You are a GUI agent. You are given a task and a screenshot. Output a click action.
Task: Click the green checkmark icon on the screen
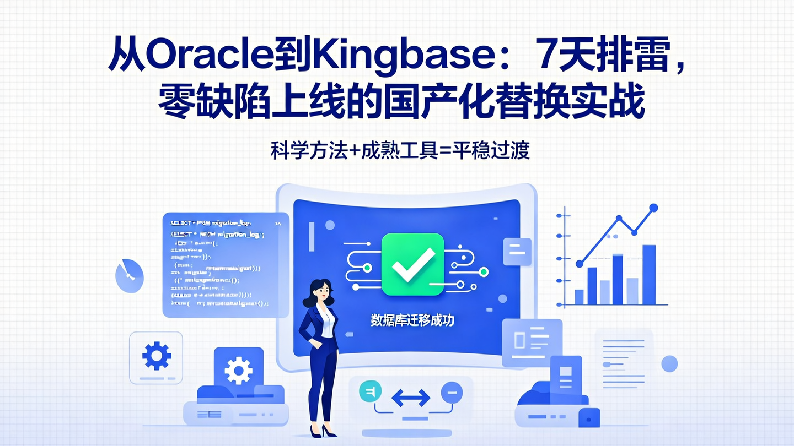click(x=412, y=264)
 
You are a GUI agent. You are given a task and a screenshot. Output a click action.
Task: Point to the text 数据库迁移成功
click(x=412, y=320)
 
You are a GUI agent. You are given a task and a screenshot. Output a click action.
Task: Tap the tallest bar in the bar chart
click(x=649, y=275)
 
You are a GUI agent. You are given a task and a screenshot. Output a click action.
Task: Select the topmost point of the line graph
click(x=654, y=208)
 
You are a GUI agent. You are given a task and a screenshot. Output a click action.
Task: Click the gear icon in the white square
click(x=156, y=356)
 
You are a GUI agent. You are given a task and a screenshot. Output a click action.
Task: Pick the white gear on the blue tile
click(x=238, y=369)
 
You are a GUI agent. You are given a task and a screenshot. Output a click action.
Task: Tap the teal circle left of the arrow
click(x=370, y=392)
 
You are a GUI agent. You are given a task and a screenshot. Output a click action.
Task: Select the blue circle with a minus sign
click(x=451, y=393)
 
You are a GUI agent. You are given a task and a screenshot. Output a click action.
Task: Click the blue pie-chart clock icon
click(x=129, y=275)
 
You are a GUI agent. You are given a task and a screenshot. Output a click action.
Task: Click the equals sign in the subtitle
click(x=443, y=150)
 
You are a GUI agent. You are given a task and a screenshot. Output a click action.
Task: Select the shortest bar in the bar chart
click(x=579, y=297)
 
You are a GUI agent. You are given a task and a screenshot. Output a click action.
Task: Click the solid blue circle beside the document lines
click(x=669, y=363)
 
